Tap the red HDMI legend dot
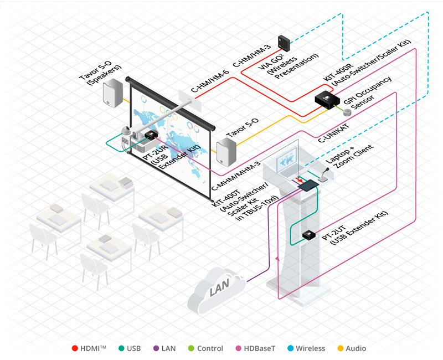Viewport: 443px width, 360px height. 75,348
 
